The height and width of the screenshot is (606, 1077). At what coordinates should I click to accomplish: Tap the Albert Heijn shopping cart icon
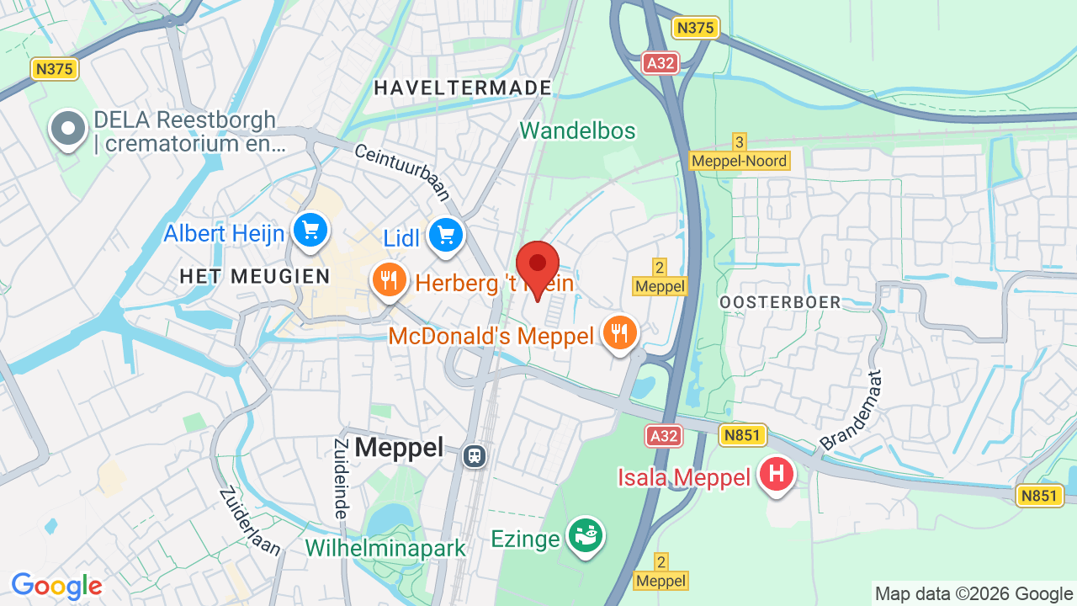pos(310,229)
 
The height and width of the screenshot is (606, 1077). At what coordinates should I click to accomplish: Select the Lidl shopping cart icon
pos(446,236)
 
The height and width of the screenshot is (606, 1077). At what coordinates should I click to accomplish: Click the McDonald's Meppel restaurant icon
pos(620,333)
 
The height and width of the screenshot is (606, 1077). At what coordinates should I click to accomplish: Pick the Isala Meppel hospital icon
pos(776,474)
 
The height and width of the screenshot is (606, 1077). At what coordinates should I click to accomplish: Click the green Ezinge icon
pos(585,534)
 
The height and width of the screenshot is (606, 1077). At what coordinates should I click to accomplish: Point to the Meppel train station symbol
pos(475,455)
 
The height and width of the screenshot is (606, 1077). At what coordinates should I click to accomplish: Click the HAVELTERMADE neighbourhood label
pos(463,88)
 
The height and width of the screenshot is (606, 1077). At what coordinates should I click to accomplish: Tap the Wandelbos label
pos(577,130)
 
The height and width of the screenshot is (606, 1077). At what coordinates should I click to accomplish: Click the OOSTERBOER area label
pos(780,302)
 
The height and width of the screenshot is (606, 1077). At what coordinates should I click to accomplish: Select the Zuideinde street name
pos(341,478)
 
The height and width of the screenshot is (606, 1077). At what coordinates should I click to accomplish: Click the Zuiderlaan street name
pos(250,521)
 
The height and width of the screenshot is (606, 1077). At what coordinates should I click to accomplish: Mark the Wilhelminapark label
pos(385,548)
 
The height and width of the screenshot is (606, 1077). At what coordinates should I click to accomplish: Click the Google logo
pos(56,586)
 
